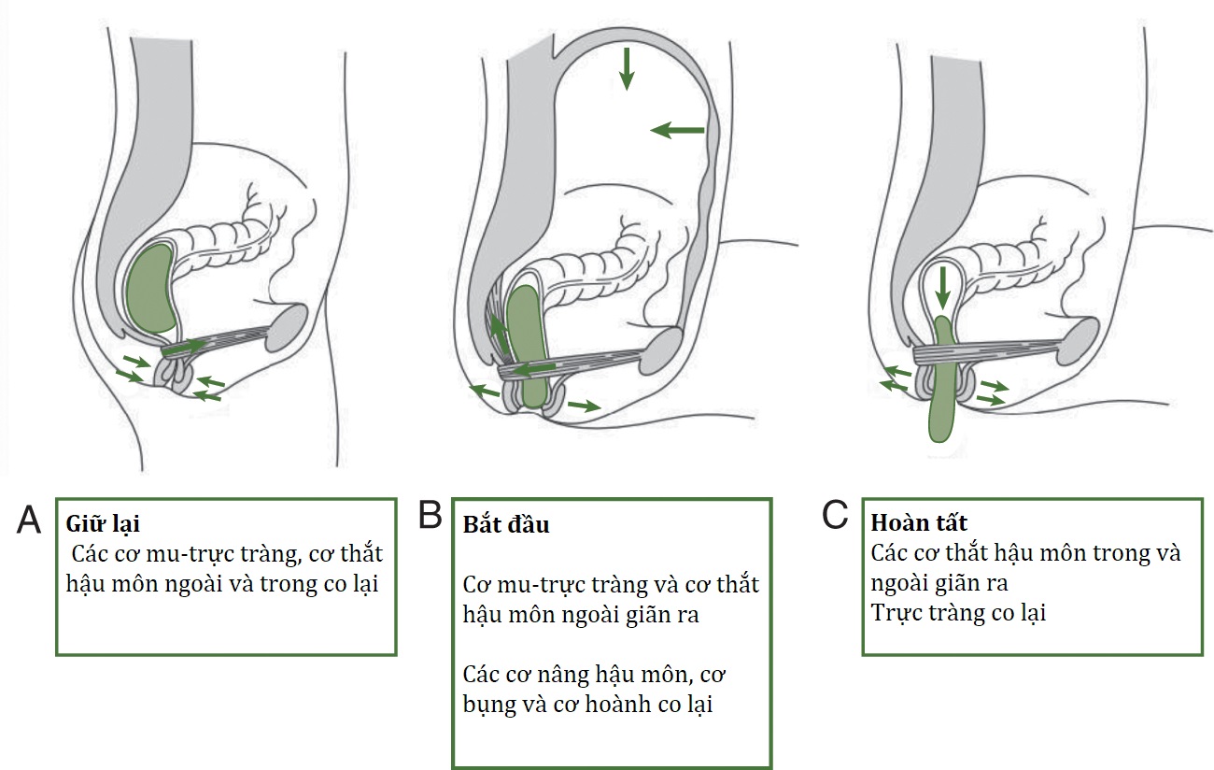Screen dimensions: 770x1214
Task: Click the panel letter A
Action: [29, 519]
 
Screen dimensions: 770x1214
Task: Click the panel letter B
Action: [431, 515]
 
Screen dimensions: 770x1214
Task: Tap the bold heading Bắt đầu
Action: [506, 524]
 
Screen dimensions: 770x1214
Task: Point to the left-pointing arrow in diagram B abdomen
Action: [677, 131]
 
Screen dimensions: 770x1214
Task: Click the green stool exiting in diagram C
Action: [942, 392]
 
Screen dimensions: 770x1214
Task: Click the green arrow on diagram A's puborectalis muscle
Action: [187, 347]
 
